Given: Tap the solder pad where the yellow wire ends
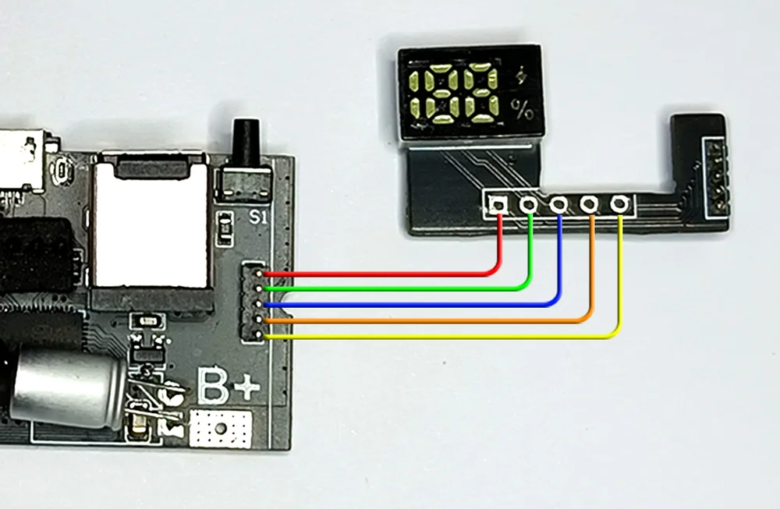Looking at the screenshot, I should tap(619, 203).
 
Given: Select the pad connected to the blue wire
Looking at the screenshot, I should tap(559, 204).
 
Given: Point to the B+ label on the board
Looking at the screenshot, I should tap(228, 384).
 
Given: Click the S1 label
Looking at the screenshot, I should tap(258, 217).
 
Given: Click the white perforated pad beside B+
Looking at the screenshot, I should tap(222, 428).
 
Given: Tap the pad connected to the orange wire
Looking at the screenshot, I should tap(589, 204).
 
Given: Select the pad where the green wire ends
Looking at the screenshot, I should tap(529, 204).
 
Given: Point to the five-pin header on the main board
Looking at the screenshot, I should tap(253, 303).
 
